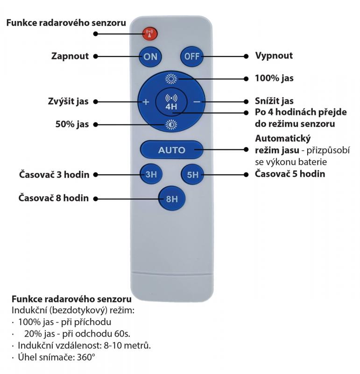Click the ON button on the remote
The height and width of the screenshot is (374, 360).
pos(150,57)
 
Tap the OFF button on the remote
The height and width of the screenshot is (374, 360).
pos(192,57)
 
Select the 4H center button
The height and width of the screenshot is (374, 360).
pos(171,102)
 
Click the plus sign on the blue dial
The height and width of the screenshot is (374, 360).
pos(146,102)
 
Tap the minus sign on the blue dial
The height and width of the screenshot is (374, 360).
pos(197,102)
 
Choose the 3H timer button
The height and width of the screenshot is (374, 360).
pos(151,174)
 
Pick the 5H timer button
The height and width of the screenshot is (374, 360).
pos(192,174)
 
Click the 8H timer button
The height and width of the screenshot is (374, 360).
pos(172,198)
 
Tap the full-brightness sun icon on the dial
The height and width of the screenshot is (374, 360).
pos(171,79)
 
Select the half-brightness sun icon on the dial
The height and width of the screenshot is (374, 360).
pos(171,124)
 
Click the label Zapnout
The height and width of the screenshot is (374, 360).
pos(70,56)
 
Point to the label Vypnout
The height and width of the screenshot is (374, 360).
pos(274,56)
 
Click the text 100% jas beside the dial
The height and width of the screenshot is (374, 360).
pos(274,78)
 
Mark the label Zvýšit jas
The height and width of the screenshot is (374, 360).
pos(68,101)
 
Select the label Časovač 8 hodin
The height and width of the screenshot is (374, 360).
pos(54,198)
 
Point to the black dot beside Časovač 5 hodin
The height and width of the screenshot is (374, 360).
pos(246,175)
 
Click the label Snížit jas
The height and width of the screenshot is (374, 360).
pos(274,101)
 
